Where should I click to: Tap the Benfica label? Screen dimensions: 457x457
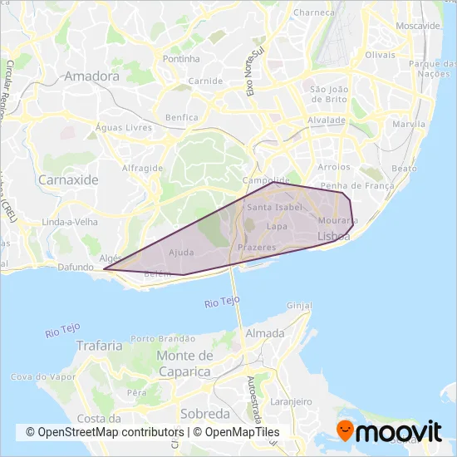coord(182,118)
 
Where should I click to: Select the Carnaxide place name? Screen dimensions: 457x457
coord(68,179)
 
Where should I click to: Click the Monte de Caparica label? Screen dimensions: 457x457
coord(184,363)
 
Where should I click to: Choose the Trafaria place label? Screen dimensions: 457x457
coord(99,345)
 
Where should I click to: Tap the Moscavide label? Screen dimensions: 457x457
coord(418,26)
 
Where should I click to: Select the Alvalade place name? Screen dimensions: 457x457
coord(326,120)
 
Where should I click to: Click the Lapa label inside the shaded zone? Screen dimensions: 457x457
coord(277,226)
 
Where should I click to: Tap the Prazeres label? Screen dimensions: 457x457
coord(256,248)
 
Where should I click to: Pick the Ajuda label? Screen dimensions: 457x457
coord(181,252)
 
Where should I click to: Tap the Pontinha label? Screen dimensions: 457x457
coord(182,59)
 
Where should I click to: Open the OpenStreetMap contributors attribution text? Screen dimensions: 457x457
coord(105,432)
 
